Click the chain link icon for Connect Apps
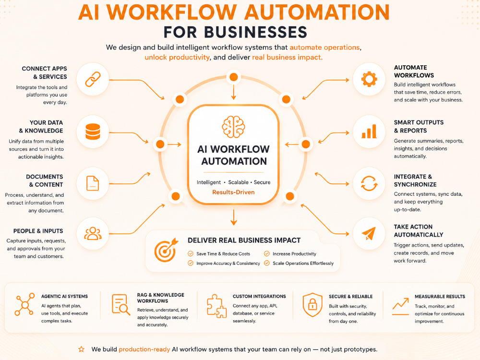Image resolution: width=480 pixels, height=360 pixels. (x=93, y=79)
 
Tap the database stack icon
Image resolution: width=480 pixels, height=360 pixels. (x=93, y=132)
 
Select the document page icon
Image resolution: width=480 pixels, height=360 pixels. (x=93, y=183)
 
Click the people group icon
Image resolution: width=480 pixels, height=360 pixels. (x=93, y=234)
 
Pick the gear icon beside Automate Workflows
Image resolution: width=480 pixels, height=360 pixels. (x=369, y=79)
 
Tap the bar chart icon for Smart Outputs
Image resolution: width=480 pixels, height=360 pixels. (x=369, y=132)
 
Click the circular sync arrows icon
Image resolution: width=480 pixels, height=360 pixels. (x=369, y=183)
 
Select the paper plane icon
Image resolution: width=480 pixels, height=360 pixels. (x=369, y=234)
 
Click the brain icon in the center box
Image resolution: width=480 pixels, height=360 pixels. (x=234, y=127)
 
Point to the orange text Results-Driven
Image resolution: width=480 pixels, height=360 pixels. (x=234, y=192)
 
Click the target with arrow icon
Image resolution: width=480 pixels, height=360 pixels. (x=166, y=250)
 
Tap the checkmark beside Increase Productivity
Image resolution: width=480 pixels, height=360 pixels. (x=267, y=254)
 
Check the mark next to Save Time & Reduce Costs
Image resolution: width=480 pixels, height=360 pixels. (x=191, y=254)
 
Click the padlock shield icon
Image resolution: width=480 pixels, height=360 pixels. (x=312, y=305)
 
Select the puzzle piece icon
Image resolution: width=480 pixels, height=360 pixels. (x=217, y=306)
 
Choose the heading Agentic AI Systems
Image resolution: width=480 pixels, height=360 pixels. (x=65, y=296)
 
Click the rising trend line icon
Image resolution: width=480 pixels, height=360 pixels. (x=401, y=306)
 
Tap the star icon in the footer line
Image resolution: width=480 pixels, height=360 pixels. (x=82, y=349)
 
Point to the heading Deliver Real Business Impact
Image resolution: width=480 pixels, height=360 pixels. (x=244, y=240)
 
